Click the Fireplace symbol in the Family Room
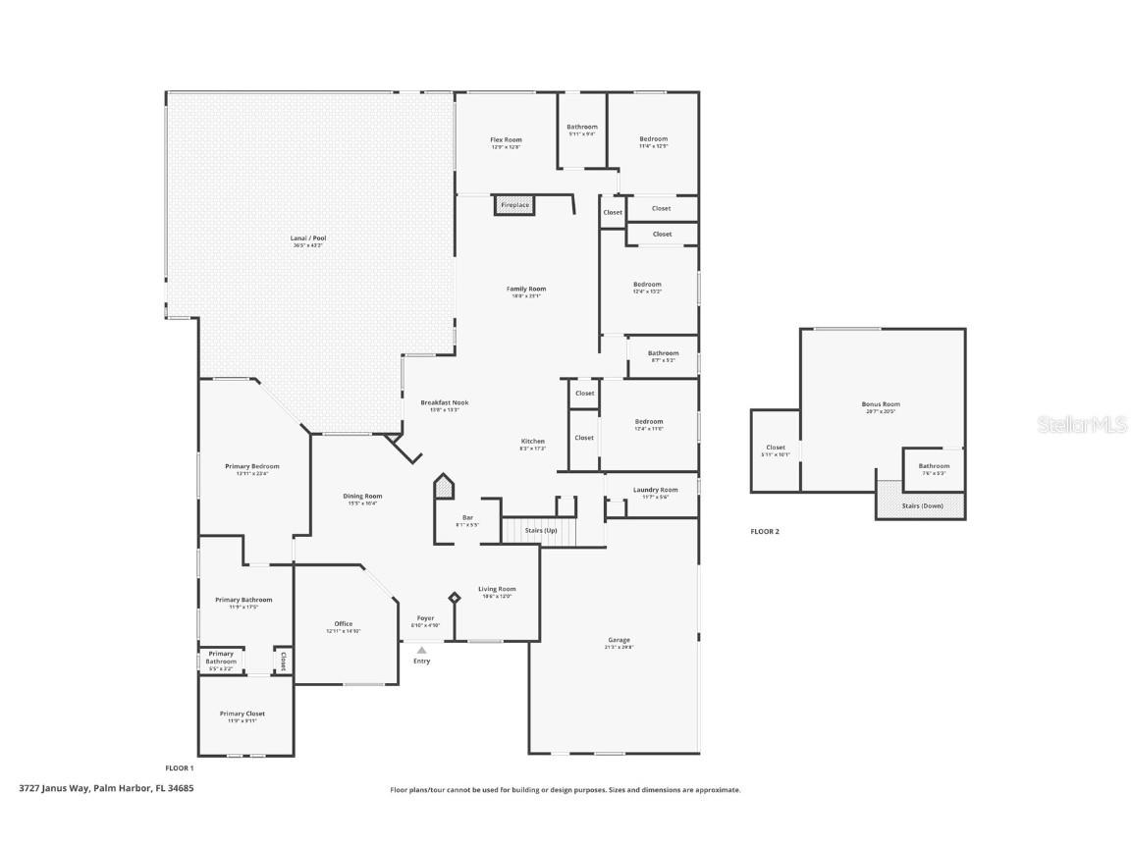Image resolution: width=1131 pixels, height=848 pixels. [514, 205]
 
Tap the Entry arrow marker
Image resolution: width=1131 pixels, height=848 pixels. [422, 650]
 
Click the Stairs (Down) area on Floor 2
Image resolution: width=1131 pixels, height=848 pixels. [921, 505]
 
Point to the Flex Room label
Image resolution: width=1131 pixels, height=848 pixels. [506, 140]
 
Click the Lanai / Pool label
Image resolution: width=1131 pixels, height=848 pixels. [308, 238]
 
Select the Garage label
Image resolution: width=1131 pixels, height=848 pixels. [619, 640]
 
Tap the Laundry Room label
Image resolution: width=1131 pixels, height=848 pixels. [655, 490]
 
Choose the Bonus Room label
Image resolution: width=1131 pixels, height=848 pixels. [881, 404]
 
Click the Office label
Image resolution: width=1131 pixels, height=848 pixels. [343, 624]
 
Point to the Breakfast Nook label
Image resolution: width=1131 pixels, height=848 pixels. [445, 402]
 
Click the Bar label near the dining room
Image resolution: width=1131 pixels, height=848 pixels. [467, 517]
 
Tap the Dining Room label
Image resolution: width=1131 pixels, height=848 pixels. [362, 497]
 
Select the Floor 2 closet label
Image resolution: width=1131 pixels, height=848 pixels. [776, 448]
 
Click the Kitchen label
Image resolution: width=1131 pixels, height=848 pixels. [532, 442]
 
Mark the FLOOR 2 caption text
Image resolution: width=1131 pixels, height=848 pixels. [765, 531]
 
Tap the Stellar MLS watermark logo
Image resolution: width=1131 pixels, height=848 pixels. [1082, 424]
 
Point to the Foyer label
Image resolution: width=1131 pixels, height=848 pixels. [425, 618]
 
